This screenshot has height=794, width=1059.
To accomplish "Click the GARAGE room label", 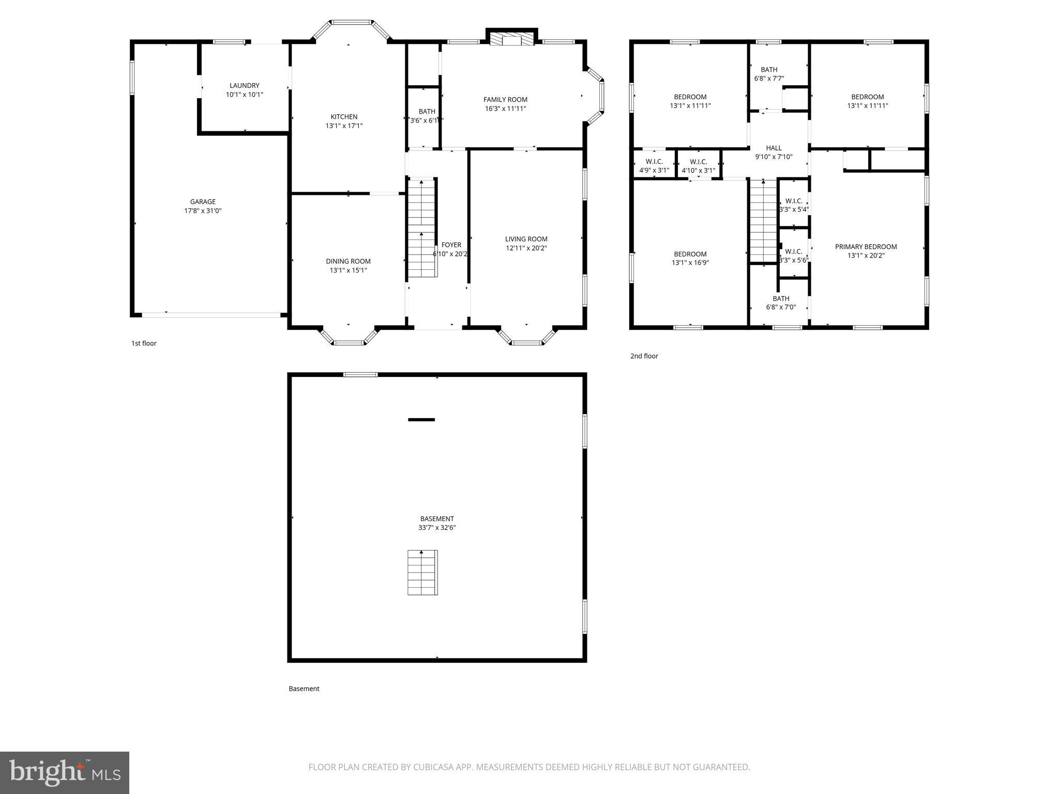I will (203, 202).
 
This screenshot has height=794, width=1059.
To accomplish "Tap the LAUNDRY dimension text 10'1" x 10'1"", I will (245, 95).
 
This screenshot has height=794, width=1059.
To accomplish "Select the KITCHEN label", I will (344, 117).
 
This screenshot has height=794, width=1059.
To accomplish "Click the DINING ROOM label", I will (348, 261).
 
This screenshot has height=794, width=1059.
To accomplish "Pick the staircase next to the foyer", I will (422, 228).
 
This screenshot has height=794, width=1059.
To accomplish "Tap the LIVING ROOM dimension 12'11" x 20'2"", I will (526, 248).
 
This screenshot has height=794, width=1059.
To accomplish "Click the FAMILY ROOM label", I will (505, 99).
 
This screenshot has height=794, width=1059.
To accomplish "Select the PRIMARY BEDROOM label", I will (866, 247).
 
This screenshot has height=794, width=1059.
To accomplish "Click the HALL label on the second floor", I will (774, 148).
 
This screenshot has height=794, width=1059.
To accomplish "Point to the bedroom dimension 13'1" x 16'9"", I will (690, 263).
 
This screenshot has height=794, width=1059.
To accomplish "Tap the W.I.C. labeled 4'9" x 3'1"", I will (654, 166).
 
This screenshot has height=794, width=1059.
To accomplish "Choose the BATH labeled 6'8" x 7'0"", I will (781, 302).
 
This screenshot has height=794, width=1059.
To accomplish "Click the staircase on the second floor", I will (763, 221).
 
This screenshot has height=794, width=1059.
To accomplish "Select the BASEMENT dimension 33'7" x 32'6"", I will (437, 528).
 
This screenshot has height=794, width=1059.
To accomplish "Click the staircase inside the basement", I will (422, 573).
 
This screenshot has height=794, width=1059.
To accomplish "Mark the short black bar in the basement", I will (421, 420).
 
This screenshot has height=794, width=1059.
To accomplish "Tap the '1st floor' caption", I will (144, 343).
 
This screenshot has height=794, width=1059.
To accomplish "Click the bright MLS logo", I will (65, 773).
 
